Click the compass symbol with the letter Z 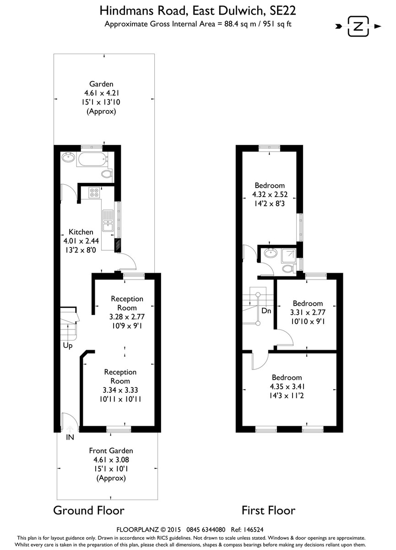click(358, 26)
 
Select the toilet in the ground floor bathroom click(107, 174)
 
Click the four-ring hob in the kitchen click(94, 192)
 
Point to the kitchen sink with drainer click(108, 220)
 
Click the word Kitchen click(81, 232)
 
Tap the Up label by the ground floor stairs click(68, 346)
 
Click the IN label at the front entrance click(70, 437)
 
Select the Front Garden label click(111, 451)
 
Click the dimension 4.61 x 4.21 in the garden click(101, 93)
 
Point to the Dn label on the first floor click(266, 311)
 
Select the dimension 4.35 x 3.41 click(287, 386)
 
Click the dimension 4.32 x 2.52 click(270, 194)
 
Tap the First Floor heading click(268, 511)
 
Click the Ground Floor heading click(89, 511)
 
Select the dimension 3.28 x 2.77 click(127, 317)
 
